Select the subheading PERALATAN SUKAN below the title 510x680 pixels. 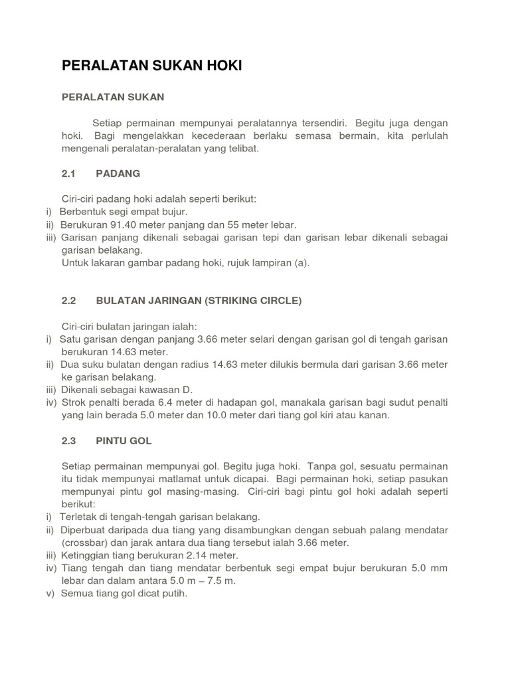click(x=113, y=97)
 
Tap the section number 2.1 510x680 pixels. click(x=69, y=173)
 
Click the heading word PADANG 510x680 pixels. click(x=118, y=173)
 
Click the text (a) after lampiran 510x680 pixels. click(x=303, y=262)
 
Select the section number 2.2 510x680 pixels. click(x=69, y=300)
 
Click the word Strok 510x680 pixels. click(x=75, y=402)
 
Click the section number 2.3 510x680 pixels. click(x=69, y=440)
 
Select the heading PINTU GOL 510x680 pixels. click(x=124, y=440)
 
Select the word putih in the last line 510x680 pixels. click(x=175, y=594)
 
